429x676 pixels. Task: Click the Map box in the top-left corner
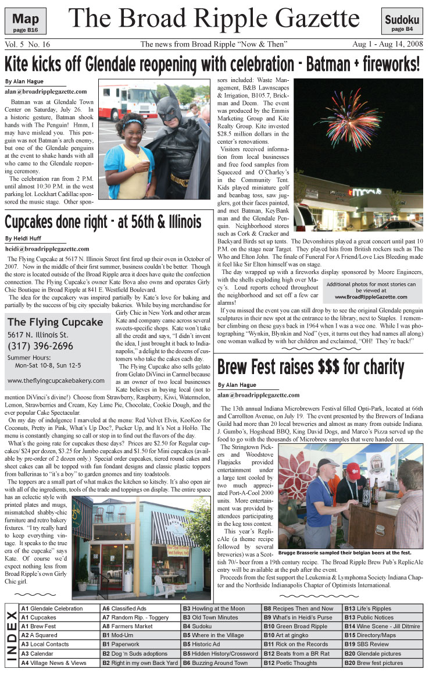point(25,22)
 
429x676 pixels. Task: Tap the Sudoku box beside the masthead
point(402,22)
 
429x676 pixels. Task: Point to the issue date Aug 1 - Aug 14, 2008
point(387,44)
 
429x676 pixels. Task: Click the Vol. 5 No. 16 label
point(27,44)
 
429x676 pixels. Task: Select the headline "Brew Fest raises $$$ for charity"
point(310,368)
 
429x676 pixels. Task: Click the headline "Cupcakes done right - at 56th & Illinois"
point(103,222)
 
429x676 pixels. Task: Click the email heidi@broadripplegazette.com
point(47,248)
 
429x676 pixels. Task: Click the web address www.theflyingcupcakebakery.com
point(56,380)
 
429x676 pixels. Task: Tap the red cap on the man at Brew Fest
point(353,470)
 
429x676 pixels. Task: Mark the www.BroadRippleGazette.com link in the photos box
point(371,297)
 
